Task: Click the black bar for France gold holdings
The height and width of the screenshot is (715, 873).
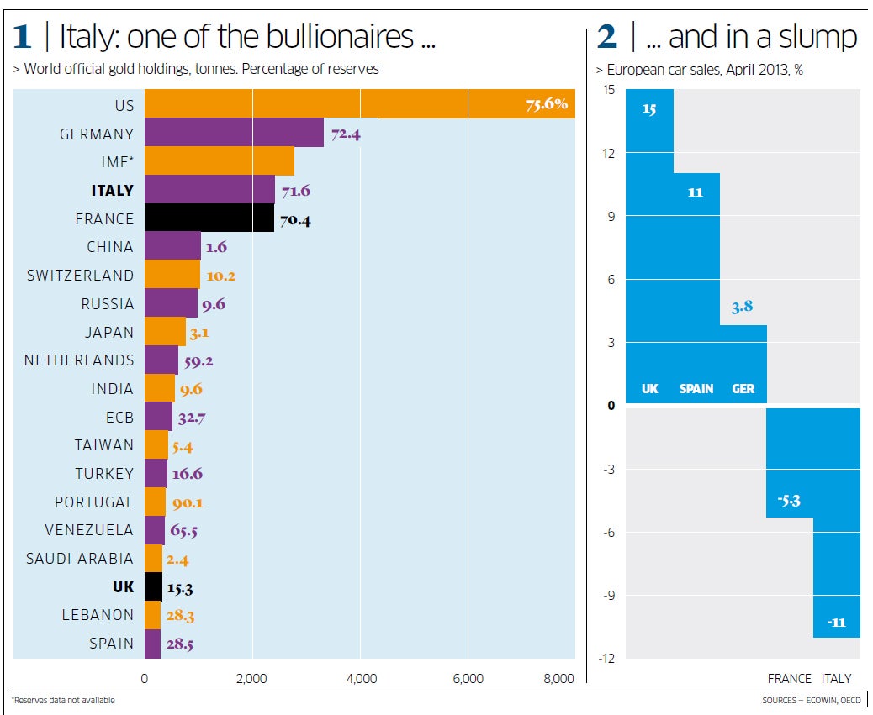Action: coord(209,218)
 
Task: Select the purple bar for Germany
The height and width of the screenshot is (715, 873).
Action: coord(234,133)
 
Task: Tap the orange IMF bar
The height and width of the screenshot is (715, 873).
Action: coord(220,161)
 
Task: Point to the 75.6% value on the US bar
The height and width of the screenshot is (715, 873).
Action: coord(547,105)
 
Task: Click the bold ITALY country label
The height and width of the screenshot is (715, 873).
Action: coord(113,191)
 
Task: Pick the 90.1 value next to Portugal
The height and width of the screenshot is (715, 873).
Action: coord(187,502)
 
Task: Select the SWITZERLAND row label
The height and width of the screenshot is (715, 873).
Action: coord(81,276)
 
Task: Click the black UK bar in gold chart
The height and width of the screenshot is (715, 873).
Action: coord(153,587)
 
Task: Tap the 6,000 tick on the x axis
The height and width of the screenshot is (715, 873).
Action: coord(468,679)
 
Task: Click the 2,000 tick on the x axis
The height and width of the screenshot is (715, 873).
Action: coord(251,679)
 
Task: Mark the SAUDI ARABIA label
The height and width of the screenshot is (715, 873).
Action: coord(80,559)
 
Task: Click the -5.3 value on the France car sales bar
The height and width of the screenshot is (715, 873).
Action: coord(788,501)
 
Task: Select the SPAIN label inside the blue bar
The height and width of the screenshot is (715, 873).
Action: coord(696,389)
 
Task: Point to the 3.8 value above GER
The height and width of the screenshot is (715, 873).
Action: coord(743,308)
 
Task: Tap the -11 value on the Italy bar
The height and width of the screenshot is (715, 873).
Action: coord(836,623)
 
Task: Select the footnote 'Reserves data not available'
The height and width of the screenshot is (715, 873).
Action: coord(63,700)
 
